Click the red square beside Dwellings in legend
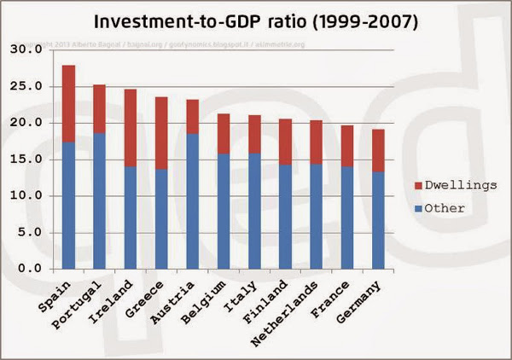420,185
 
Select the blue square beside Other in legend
420,207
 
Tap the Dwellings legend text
459,185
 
